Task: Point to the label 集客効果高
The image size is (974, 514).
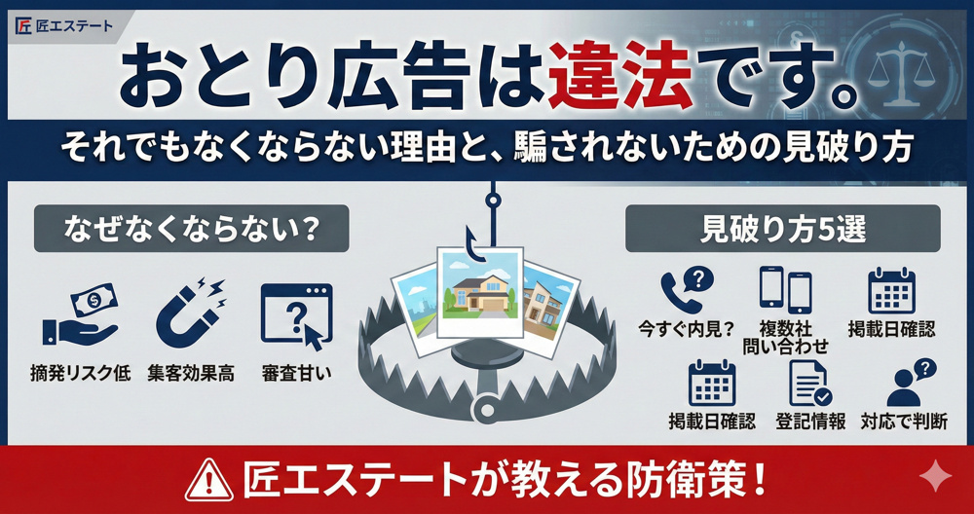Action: pyautogui.click(x=191, y=374)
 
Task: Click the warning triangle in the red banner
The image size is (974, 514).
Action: pyautogui.click(x=210, y=479)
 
